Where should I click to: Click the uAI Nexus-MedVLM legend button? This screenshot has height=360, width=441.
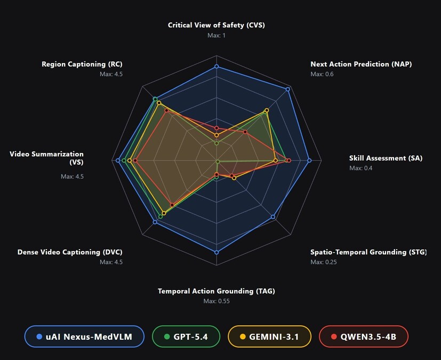coord(84,337)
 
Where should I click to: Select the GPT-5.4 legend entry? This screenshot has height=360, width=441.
coord(186,337)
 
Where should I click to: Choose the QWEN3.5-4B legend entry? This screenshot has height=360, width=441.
coord(363,337)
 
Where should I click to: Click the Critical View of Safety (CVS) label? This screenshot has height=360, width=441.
coord(216,25)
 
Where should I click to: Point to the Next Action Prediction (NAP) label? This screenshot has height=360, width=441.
coord(361,64)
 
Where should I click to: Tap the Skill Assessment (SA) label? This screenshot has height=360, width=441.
coord(386,158)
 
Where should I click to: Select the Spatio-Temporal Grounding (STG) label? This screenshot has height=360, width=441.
coord(368,252)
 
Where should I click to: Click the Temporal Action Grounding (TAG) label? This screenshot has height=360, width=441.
coord(216,291)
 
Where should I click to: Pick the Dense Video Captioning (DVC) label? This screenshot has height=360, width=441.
coord(70,252)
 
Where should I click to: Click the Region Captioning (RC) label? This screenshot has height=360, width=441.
coord(82,64)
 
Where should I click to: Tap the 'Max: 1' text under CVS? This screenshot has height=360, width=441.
coord(216,35)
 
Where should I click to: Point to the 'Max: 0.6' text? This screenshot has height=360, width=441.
coord(322,74)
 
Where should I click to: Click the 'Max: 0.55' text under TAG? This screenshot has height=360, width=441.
coord(216,301)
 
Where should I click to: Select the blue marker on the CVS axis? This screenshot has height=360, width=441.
coord(217,67)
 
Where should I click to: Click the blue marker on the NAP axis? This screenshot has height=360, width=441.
coord(288,89)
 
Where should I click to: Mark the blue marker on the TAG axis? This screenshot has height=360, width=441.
coord(217,252)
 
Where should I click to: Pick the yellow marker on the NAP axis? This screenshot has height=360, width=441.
coord(267,110)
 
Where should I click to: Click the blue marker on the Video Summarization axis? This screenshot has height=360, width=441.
coord(118,161)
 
